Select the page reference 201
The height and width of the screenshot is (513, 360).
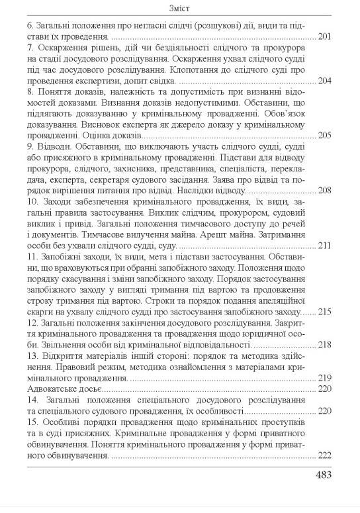(324, 38)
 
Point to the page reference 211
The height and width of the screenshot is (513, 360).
(324, 245)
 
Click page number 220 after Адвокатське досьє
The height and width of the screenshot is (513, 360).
(324, 389)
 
